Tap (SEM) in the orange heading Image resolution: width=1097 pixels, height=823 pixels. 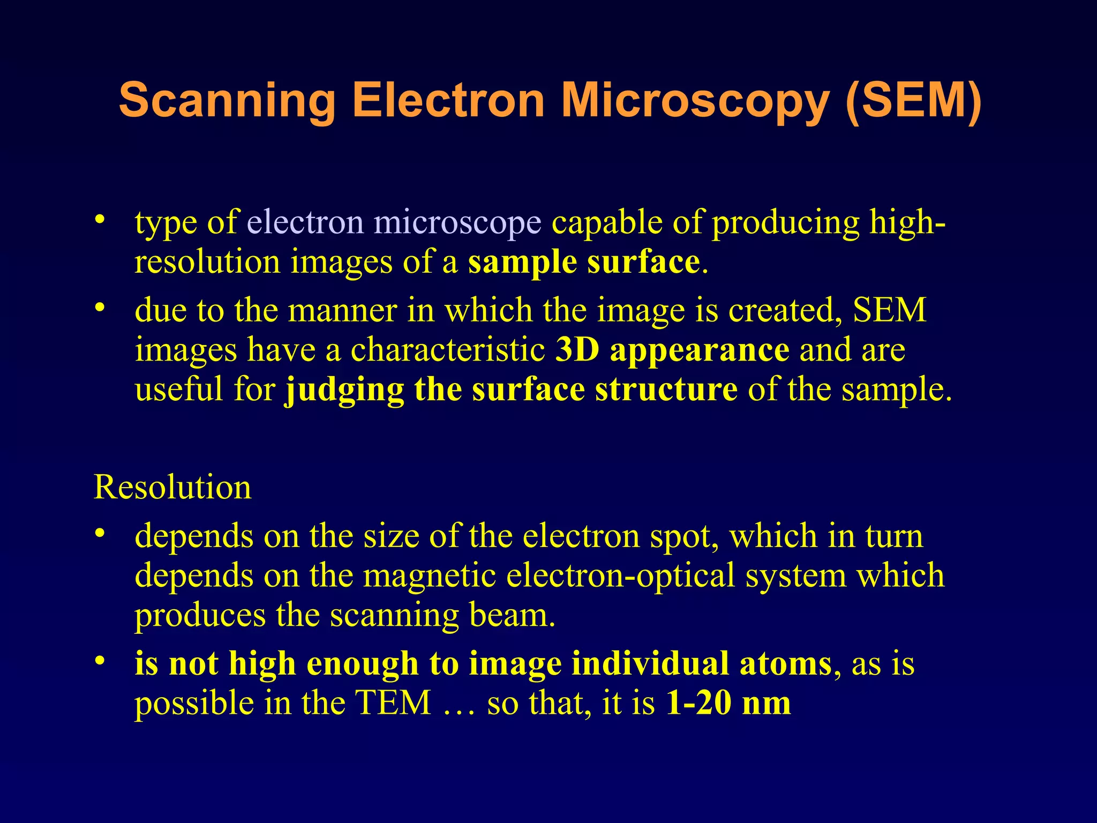[914, 101]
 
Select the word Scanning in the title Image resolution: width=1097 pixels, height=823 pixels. [227, 101]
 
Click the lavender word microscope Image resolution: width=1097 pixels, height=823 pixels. [457, 222]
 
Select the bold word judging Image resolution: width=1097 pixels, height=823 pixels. [344, 390]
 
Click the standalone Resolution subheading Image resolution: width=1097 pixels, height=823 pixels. [172, 487]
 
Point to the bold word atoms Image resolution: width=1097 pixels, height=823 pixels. [785, 663]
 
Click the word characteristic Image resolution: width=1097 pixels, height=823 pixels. [448, 349]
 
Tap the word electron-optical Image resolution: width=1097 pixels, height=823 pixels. [621, 575]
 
